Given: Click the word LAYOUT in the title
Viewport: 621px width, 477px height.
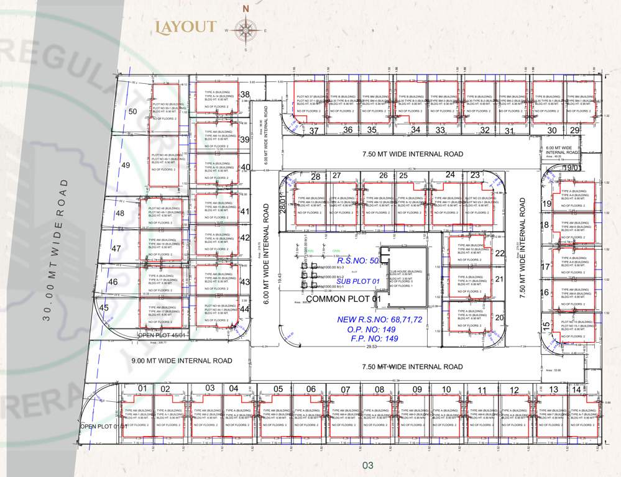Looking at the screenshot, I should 186,27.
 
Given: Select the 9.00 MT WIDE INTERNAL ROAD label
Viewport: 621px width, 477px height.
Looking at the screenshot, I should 182,360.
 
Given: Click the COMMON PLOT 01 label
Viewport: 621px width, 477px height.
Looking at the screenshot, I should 343,299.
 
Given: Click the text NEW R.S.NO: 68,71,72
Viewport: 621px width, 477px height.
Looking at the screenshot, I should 380,319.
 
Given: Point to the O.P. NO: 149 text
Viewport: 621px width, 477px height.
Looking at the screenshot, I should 373,329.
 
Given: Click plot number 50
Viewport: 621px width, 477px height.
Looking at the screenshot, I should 132,112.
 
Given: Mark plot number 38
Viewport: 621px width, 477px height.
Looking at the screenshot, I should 245,95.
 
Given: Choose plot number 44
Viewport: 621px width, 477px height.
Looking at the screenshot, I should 245,309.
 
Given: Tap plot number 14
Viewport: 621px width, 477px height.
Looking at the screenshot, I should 577,389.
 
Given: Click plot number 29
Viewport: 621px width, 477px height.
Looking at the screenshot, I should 575,130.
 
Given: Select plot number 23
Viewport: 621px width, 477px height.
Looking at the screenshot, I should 475,175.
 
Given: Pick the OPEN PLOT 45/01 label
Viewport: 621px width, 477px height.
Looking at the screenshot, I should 162,335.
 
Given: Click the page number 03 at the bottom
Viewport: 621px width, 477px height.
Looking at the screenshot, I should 367,465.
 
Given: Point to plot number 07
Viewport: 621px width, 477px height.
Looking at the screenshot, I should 346,390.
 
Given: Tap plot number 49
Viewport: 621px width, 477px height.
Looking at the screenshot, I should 126,165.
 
